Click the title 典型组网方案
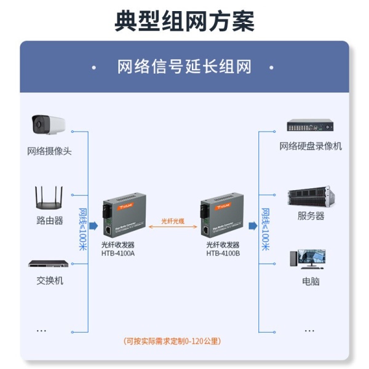pos(184,22)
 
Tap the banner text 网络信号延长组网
pos(184,66)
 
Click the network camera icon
pos(49,125)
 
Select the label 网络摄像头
pos(49,151)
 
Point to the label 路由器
pos(49,220)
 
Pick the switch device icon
pos(49,264)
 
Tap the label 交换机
pos(49,280)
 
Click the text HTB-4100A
pos(118,253)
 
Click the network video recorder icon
pos(311,126)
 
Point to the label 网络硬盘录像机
pos(311,146)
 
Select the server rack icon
pos(311,197)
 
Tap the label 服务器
pos(311,216)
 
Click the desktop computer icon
pos(311,260)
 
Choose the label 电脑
pos(311,281)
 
